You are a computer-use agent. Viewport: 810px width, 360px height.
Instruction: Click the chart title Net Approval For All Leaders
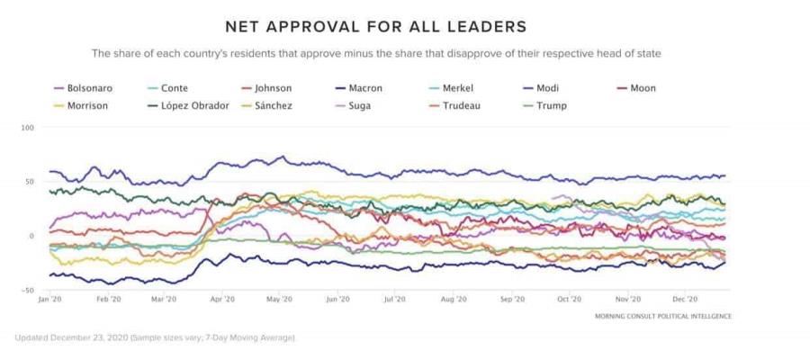click(376, 26)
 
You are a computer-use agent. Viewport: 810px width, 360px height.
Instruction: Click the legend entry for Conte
click(174, 88)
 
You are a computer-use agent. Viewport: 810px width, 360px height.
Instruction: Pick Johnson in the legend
click(273, 88)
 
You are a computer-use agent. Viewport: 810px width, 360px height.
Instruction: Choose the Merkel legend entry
click(458, 88)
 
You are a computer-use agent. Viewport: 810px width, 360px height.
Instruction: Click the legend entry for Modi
click(547, 88)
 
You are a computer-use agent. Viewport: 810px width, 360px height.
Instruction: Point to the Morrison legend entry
click(87, 105)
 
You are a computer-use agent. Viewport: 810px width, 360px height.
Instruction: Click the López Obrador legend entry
click(195, 105)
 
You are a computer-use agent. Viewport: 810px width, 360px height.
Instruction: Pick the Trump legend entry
click(551, 105)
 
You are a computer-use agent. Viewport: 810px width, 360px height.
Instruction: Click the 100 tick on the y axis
click(27, 128)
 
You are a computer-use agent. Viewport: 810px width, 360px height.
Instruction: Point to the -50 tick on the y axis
click(27, 290)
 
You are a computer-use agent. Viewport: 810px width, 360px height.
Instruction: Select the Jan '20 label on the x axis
click(49, 299)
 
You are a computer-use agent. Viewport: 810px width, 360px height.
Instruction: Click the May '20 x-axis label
click(281, 299)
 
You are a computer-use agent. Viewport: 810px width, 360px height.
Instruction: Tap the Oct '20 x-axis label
click(569, 299)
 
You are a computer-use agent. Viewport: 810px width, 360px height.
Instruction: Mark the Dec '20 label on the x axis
click(685, 299)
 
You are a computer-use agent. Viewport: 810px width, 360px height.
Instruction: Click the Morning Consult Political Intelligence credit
click(662, 317)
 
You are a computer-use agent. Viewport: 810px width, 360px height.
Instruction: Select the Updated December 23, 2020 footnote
click(154, 338)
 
